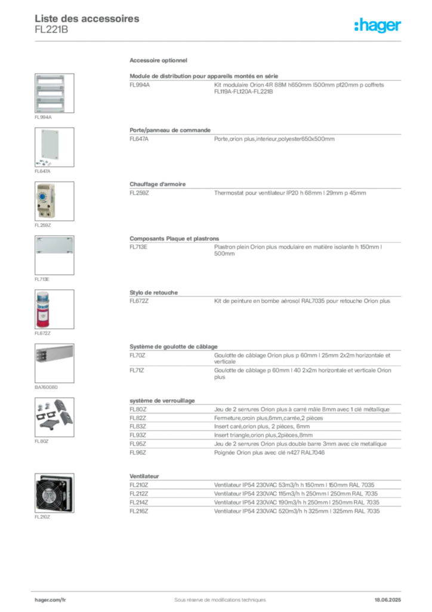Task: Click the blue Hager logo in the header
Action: coord(378,25)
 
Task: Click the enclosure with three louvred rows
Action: coord(51,93)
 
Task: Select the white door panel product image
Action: coord(50,144)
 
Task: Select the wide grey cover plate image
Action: coord(54,246)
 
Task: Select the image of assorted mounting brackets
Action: coord(53,414)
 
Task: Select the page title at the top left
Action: coord(88,19)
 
